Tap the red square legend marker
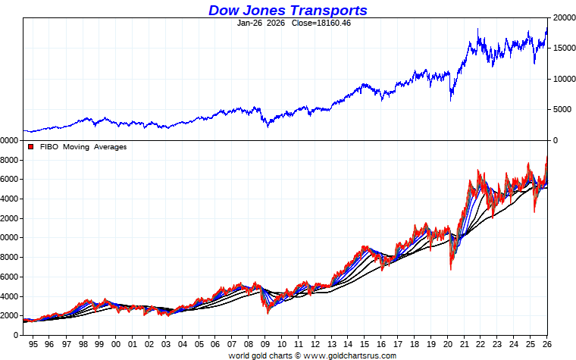click(x=30, y=147)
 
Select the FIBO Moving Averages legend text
click(x=84, y=147)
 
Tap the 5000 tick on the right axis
click(x=562, y=110)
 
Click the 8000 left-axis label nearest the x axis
click(x=10, y=257)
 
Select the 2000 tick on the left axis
click(x=10, y=316)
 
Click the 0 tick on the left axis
click(x=15, y=335)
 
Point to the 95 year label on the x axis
click(x=32, y=344)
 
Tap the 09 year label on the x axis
click(x=265, y=344)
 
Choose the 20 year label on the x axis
click(x=449, y=344)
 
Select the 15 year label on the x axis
click(x=365, y=344)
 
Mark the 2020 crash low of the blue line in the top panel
click(x=451, y=100)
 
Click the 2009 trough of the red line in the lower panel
click(x=267, y=311)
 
